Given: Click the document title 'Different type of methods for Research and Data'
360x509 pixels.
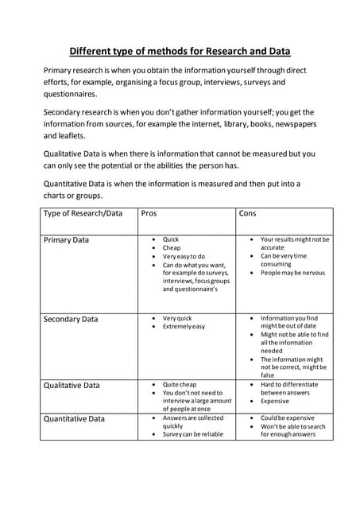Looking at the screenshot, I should pyautogui.click(x=180, y=52).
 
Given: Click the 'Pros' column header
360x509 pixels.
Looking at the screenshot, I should pyautogui.click(x=149, y=214).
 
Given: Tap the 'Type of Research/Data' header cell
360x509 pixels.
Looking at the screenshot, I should pyautogui.click(x=83, y=214).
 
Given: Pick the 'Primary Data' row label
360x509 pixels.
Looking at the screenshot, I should pyautogui.click(x=66, y=240).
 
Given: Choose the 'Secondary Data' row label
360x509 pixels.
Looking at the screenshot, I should pyautogui.click(x=71, y=319).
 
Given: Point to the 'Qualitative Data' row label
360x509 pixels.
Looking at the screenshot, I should pyautogui.click(x=72, y=385).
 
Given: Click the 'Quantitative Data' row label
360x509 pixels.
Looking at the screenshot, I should pyautogui.click(x=74, y=418).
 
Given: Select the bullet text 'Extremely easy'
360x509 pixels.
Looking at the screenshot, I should pyautogui.click(x=184, y=327).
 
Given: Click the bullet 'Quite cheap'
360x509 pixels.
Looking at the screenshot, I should pyautogui.click(x=179, y=384).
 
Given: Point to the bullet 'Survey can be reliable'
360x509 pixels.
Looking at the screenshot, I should pyautogui.click(x=193, y=434).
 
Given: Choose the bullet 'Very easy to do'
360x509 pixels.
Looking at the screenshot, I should pyautogui.click(x=184, y=257).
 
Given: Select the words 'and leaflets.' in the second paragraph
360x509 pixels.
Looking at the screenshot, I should pyautogui.click(x=65, y=135).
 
